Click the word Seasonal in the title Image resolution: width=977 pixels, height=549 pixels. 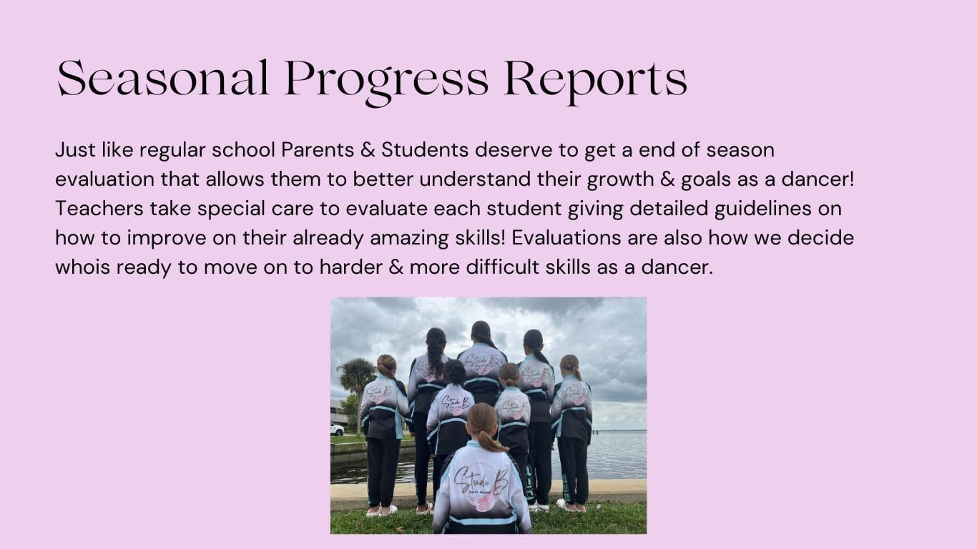[162, 78]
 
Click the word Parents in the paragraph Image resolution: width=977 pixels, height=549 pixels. [318, 150]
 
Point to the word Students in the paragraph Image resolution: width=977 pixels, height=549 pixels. [425, 150]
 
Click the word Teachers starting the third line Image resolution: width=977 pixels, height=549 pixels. [99, 209]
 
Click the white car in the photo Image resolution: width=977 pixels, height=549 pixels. [337, 429]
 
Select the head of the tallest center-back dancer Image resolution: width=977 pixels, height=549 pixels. [481, 333]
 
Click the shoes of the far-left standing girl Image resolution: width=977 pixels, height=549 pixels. [382, 510]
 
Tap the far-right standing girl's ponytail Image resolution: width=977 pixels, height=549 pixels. [576, 371]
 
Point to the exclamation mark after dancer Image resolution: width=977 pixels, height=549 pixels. [852, 179]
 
